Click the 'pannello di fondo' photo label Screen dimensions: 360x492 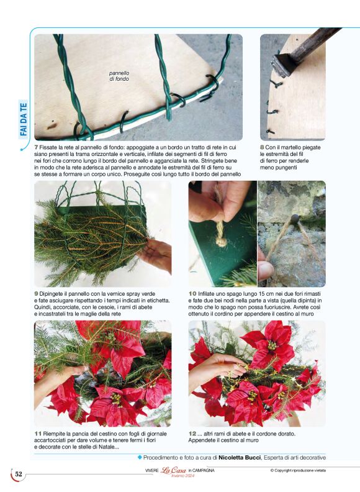point(119,76)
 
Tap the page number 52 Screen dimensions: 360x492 point(19,474)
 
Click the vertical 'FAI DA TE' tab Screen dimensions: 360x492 point(24,119)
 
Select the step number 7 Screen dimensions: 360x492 point(37,147)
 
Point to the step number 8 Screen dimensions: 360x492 point(262,147)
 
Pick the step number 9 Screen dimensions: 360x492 point(37,294)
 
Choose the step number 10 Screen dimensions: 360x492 point(192,294)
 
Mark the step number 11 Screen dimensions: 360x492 point(38,434)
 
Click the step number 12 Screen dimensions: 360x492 point(192,434)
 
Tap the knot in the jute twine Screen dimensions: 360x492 point(222,242)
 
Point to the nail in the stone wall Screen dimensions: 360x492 point(294,219)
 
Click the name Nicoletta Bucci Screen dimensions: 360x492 point(240,457)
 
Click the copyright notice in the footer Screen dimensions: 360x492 point(298,470)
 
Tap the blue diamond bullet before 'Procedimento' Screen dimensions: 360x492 point(140,457)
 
